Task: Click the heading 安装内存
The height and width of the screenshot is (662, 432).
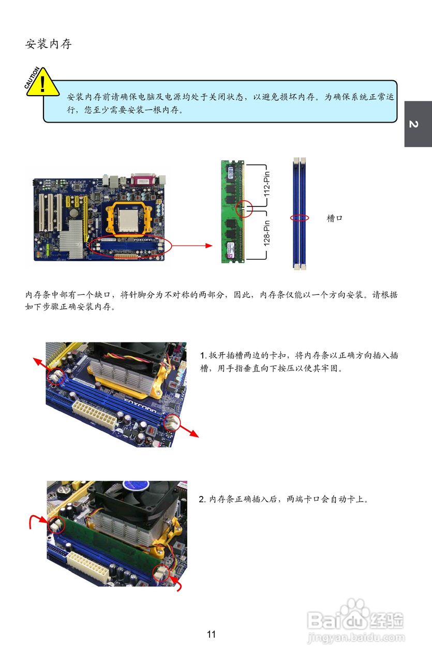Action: coord(48,44)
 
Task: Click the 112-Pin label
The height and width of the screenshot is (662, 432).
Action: coord(267,184)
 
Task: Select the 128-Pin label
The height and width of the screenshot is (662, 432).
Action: coord(267,233)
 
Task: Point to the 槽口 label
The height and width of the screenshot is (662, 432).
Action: coord(334,218)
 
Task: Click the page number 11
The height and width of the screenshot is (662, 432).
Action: coord(211,634)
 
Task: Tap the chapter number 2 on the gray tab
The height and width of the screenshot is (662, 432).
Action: coord(414,124)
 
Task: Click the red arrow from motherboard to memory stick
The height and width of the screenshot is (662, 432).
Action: coord(191,246)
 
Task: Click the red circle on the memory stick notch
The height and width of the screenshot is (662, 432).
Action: coord(244,208)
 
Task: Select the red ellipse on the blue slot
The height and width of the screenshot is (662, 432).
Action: coord(300,218)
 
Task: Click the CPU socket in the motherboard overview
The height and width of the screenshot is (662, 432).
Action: coord(129,218)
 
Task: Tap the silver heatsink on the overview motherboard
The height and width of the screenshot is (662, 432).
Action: coord(72,239)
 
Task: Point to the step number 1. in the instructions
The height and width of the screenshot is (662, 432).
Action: coord(203,355)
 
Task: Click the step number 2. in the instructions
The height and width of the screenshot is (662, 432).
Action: coord(202,500)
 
